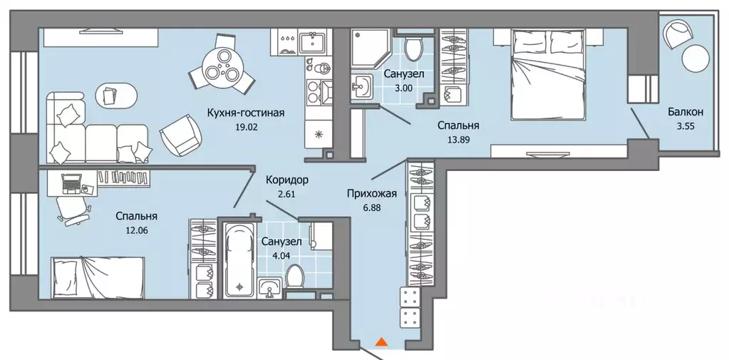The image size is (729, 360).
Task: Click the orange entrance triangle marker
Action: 381,342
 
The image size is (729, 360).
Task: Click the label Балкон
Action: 686,112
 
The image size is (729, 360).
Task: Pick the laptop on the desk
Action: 71,184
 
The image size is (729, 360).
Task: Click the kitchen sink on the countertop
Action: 313,42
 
